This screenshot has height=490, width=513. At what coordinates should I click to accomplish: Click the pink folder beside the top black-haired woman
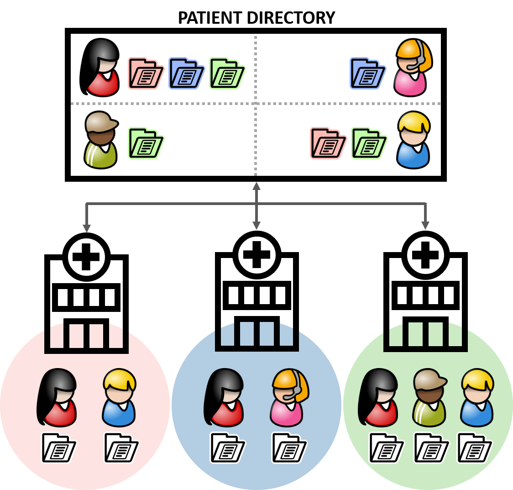point(146,73)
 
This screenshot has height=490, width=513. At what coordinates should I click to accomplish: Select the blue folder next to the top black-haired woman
point(186,73)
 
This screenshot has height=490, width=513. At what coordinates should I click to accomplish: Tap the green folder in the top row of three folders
point(227,73)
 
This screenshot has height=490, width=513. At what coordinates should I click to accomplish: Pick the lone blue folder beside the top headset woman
point(367,73)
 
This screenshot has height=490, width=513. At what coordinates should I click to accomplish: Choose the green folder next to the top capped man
point(146,143)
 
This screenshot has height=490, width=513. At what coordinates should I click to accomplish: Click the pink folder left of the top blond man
point(328,143)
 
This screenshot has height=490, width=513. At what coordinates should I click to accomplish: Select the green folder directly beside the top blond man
point(369,143)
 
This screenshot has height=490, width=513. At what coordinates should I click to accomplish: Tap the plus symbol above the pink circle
point(86,257)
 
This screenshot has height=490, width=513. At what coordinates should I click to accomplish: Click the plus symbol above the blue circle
point(256,255)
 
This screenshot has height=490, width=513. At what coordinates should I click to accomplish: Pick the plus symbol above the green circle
point(425,255)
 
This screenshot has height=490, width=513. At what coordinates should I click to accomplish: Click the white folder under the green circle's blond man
point(475,448)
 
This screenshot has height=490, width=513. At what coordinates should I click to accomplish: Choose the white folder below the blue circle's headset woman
point(289,448)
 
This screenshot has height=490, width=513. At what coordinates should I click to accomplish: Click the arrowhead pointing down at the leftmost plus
point(86,228)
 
